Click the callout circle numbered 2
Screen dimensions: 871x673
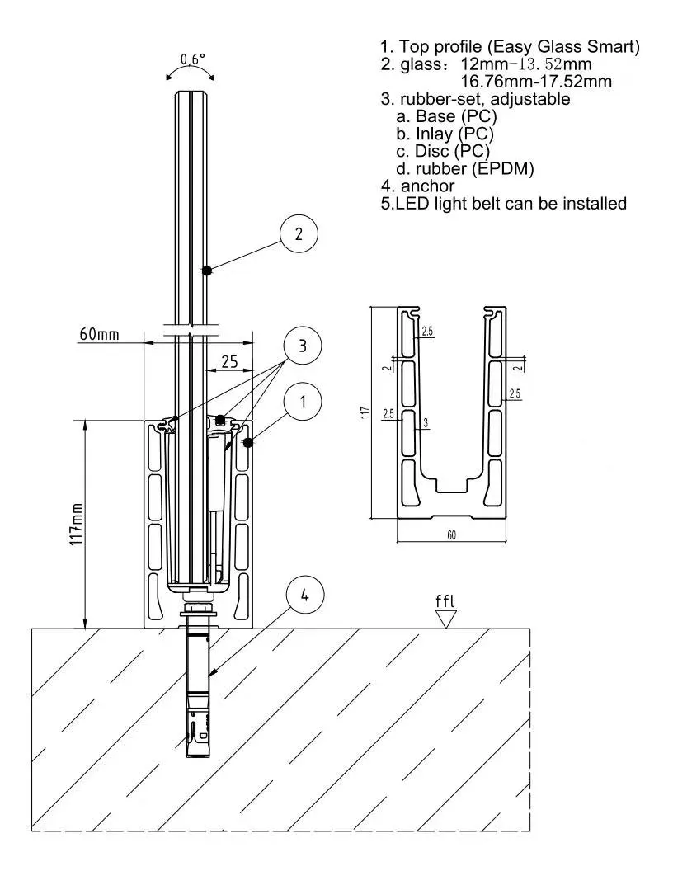(299, 233)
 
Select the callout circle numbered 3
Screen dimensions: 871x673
(302, 346)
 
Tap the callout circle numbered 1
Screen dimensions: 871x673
(303, 402)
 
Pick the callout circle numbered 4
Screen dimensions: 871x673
(304, 595)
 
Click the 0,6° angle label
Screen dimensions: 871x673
(193, 60)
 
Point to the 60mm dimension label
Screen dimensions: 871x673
(99, 334)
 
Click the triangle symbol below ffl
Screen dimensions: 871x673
(445, 619)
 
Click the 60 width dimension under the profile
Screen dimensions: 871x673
(451, 535)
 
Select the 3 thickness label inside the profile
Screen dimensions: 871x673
(425, 423)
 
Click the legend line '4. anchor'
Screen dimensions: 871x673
(417, 186)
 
